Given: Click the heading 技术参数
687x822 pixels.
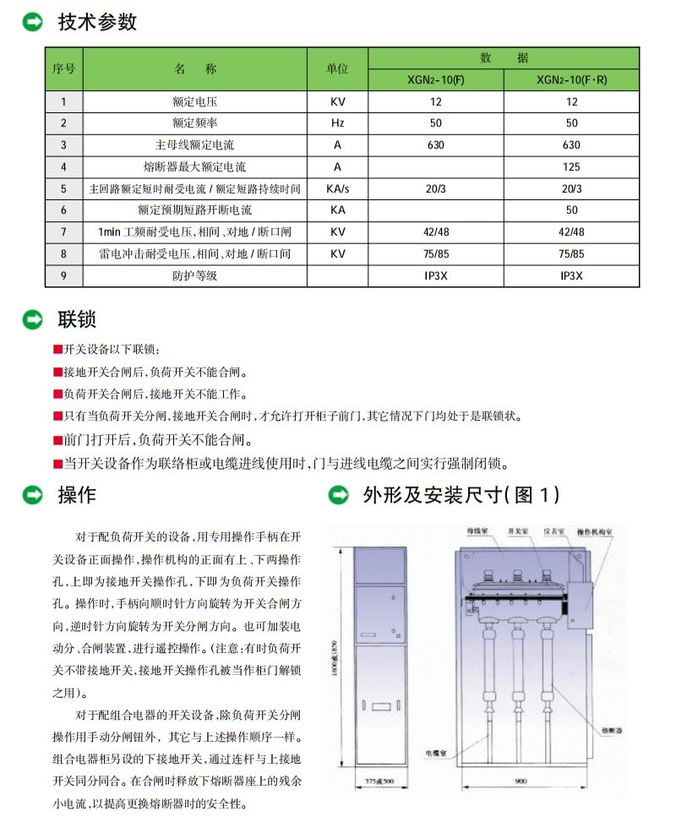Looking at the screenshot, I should (97, 22).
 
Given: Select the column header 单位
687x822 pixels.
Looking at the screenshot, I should (337, 69).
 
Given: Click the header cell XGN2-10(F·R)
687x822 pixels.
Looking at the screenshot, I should (571, 80).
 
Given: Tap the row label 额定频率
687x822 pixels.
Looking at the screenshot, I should (194, 123).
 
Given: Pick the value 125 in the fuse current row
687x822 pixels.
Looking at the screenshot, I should (571, 167).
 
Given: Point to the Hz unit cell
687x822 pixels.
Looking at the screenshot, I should (337, 123).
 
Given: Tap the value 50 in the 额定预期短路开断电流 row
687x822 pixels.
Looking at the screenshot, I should (571, 210).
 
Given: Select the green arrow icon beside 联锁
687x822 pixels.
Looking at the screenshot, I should (33, 319).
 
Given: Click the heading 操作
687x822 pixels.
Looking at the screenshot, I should (77, 495).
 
